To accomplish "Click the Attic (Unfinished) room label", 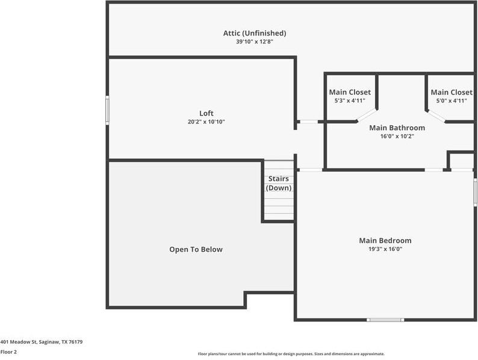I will tap(255, 33).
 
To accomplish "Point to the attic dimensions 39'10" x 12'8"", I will tap(255, 42).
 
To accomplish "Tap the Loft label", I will tap(206, 113).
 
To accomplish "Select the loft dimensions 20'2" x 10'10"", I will tap(206, 122).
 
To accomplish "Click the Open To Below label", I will tap(196, 249).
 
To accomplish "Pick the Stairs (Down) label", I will tap(278, 184).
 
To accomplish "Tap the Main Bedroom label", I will tap(385, 241).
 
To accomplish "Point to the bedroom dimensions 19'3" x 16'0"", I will tap(385, 249).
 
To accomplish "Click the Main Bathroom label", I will tap(397, 128).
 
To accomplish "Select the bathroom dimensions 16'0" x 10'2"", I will tap(397, 136).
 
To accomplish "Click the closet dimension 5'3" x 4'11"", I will tap(350, 101).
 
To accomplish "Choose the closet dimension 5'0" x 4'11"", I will tap(451, 101).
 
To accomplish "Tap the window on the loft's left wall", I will tap(108, 111).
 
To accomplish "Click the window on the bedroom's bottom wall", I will tap(385, 320).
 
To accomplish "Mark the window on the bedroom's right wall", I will tap(475, 193).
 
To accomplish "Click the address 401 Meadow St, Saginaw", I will tap(42, 342).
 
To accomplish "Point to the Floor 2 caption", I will tap(8, 352).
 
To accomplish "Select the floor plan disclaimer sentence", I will tap(291, 354).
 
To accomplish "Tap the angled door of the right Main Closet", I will tap(436, 115).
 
